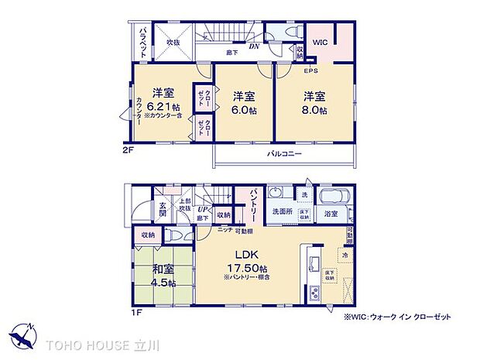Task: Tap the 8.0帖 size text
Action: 315,111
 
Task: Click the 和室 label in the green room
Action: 163,269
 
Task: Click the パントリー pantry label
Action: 252,204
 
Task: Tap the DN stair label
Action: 253,46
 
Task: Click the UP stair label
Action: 203,210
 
